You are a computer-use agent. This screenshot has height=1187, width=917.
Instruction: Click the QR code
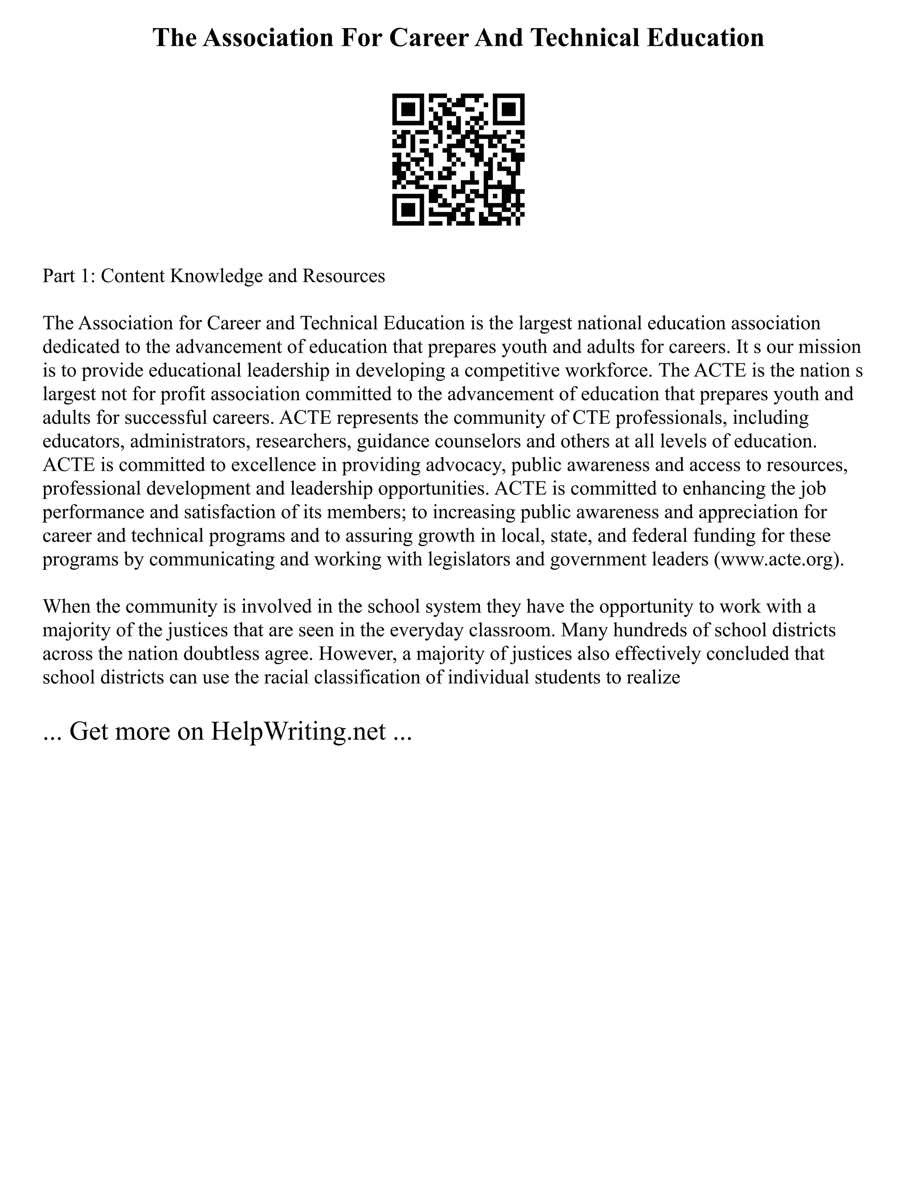click(458, 159)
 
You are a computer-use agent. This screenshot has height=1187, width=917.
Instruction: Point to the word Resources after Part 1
click(343, 276)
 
